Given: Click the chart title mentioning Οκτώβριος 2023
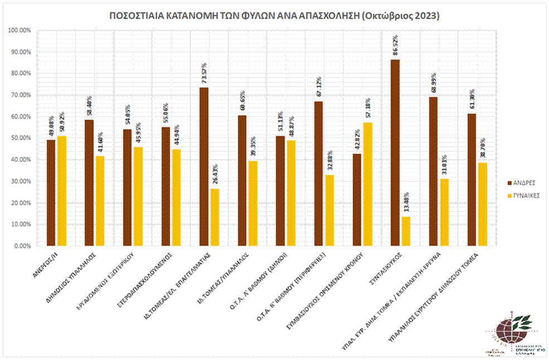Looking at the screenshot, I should [274, 16].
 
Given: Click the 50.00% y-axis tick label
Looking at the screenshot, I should [21, 138].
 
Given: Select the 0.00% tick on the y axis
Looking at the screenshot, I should [22, 246].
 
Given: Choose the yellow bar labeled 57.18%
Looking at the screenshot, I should [367, 184].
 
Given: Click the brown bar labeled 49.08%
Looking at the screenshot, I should [51, 193].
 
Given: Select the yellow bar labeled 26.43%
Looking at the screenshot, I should [214, 217].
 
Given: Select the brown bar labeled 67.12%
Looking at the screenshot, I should [318, 173].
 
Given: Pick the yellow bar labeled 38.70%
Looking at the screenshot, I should [482, 204].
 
